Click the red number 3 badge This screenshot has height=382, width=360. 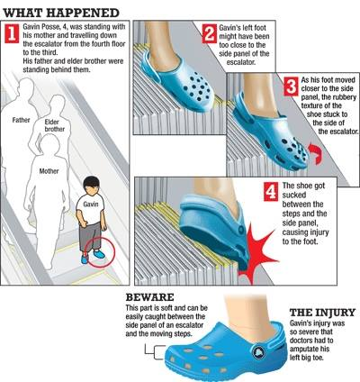coord(291,86)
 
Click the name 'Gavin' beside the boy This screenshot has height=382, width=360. coord(90,204)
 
